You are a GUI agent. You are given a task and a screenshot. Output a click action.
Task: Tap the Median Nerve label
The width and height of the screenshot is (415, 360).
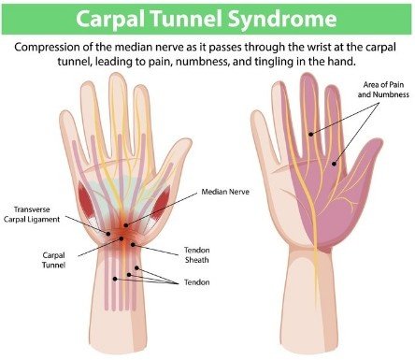222,192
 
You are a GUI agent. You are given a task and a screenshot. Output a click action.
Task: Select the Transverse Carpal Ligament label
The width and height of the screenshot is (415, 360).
38,215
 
